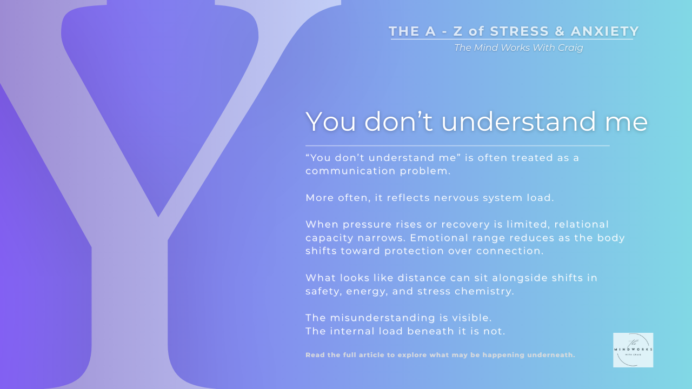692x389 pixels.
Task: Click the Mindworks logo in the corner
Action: tap(633, 350)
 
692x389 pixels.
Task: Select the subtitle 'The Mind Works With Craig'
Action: tap(518, 48)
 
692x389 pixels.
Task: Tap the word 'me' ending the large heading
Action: tap(626, 122)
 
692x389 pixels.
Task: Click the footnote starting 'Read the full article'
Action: tap(440, 355)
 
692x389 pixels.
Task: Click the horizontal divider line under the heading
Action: tap(457, 146)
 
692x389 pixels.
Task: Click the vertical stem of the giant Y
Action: tap(130, 313)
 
